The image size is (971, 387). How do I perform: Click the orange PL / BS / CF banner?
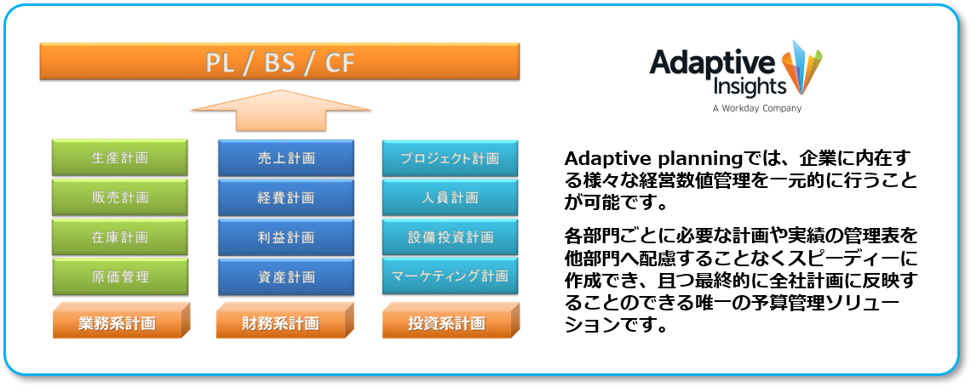pyautogui.click(x=280, y=61)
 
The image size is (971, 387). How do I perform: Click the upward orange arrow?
pyautogui.click(x=281, y=111)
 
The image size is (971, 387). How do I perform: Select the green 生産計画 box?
pyautogui.click(x=120, y=157)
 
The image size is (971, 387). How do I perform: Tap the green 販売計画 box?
pyautogui.click(x=120, y=197)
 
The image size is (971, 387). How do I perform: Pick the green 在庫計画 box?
pyautogui.click(x=120, y=236)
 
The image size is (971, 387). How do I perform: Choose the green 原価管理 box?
pyautogui.click(x=120, y=276)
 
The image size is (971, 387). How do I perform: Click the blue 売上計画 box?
pyautogui.click(x=286, y=157)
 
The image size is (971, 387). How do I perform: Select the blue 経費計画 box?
pyautogui.click(x=286, y=197)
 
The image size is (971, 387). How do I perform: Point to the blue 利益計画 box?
pyautogui.click(x=286, y=236)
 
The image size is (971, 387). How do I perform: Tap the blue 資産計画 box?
pyautogui.click(x=286, y=276)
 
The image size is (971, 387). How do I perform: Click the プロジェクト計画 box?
pyautogui.click(x=451, y=157)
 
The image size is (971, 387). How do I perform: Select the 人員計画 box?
pyautogui.click(x=451, y=197)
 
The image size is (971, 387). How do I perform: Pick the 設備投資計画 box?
pyautogui.click(x=451, y=236)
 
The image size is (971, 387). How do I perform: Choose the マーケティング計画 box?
pyautogui.click(x=451, y=276)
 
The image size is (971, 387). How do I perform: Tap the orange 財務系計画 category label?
pyautogui.click(x=285, y=321)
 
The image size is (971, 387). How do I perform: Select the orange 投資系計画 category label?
pyautogui.click(x=451, y=321)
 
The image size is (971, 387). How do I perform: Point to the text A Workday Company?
pyautogui.click(x=756, y=109)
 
